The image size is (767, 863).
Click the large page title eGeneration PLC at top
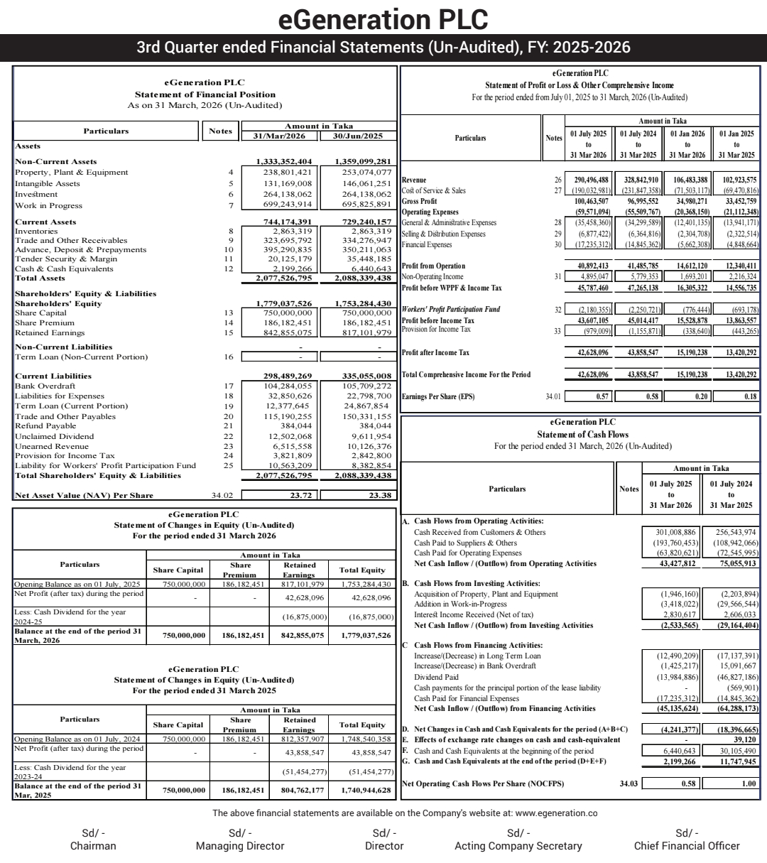pyautogui.click(x=383, y=18)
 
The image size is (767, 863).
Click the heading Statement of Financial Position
pyautogui.click(x=205, y=94)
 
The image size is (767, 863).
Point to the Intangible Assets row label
pyautogui.click(x=48, y=183)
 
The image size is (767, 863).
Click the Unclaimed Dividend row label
pyautogui.click(x=54, y=436)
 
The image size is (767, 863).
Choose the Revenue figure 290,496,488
pyautogui.click(x=588, y=180)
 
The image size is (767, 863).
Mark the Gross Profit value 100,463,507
pyautogui.click(x=588, y=201)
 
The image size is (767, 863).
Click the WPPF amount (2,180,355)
pyautogui.click(x=589, y=310)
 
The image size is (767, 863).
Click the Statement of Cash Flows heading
pyautogui.click(x=582, y=434)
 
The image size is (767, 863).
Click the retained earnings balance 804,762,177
pyautogui.click(x=298, y=790)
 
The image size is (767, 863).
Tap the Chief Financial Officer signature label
pyautogui.click(x=687, y=846)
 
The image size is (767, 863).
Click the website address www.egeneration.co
pyautogui.click(x=555, y=813)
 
